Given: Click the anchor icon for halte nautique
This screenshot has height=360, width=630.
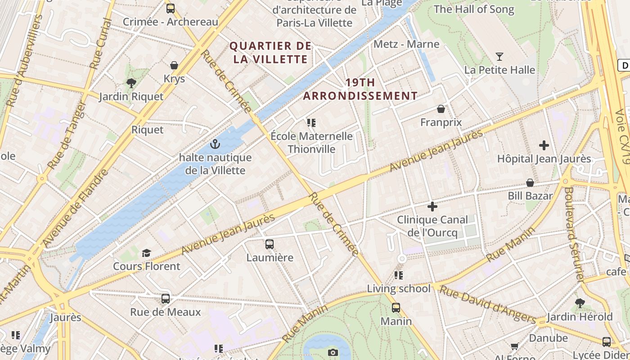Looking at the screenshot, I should click(215, 144).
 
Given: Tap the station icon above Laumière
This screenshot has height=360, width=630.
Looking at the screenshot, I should click(269, 244).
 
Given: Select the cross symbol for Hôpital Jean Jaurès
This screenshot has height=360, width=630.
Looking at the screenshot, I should click(544, 145).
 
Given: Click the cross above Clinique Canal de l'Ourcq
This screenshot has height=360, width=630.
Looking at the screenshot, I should click(432, 207).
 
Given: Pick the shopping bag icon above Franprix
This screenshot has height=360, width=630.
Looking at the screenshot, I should click(441, 109).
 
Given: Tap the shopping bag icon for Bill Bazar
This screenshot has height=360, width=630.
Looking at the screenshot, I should click(530, 183).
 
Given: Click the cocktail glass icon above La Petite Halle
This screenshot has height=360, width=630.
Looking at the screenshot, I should click(499, 57).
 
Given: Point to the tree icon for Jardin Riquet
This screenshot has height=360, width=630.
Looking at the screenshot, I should click(131, 83).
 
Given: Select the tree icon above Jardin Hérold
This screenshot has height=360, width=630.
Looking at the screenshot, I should click(580, 303).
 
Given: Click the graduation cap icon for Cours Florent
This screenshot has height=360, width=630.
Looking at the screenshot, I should click(146, 253).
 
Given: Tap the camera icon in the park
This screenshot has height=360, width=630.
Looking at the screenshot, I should click(333, 352).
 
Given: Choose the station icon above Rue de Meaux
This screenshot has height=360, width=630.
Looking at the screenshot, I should click(166, 299).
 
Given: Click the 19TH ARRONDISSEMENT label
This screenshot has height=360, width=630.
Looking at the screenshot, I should click(360, 89).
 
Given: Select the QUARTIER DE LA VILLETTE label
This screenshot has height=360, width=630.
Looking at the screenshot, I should click(270, 52).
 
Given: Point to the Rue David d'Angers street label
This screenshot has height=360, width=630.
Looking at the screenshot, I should click(486, 305).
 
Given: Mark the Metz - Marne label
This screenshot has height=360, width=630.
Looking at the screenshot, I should click(406, 44).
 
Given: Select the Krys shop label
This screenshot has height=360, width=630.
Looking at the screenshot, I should click(174, 79).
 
